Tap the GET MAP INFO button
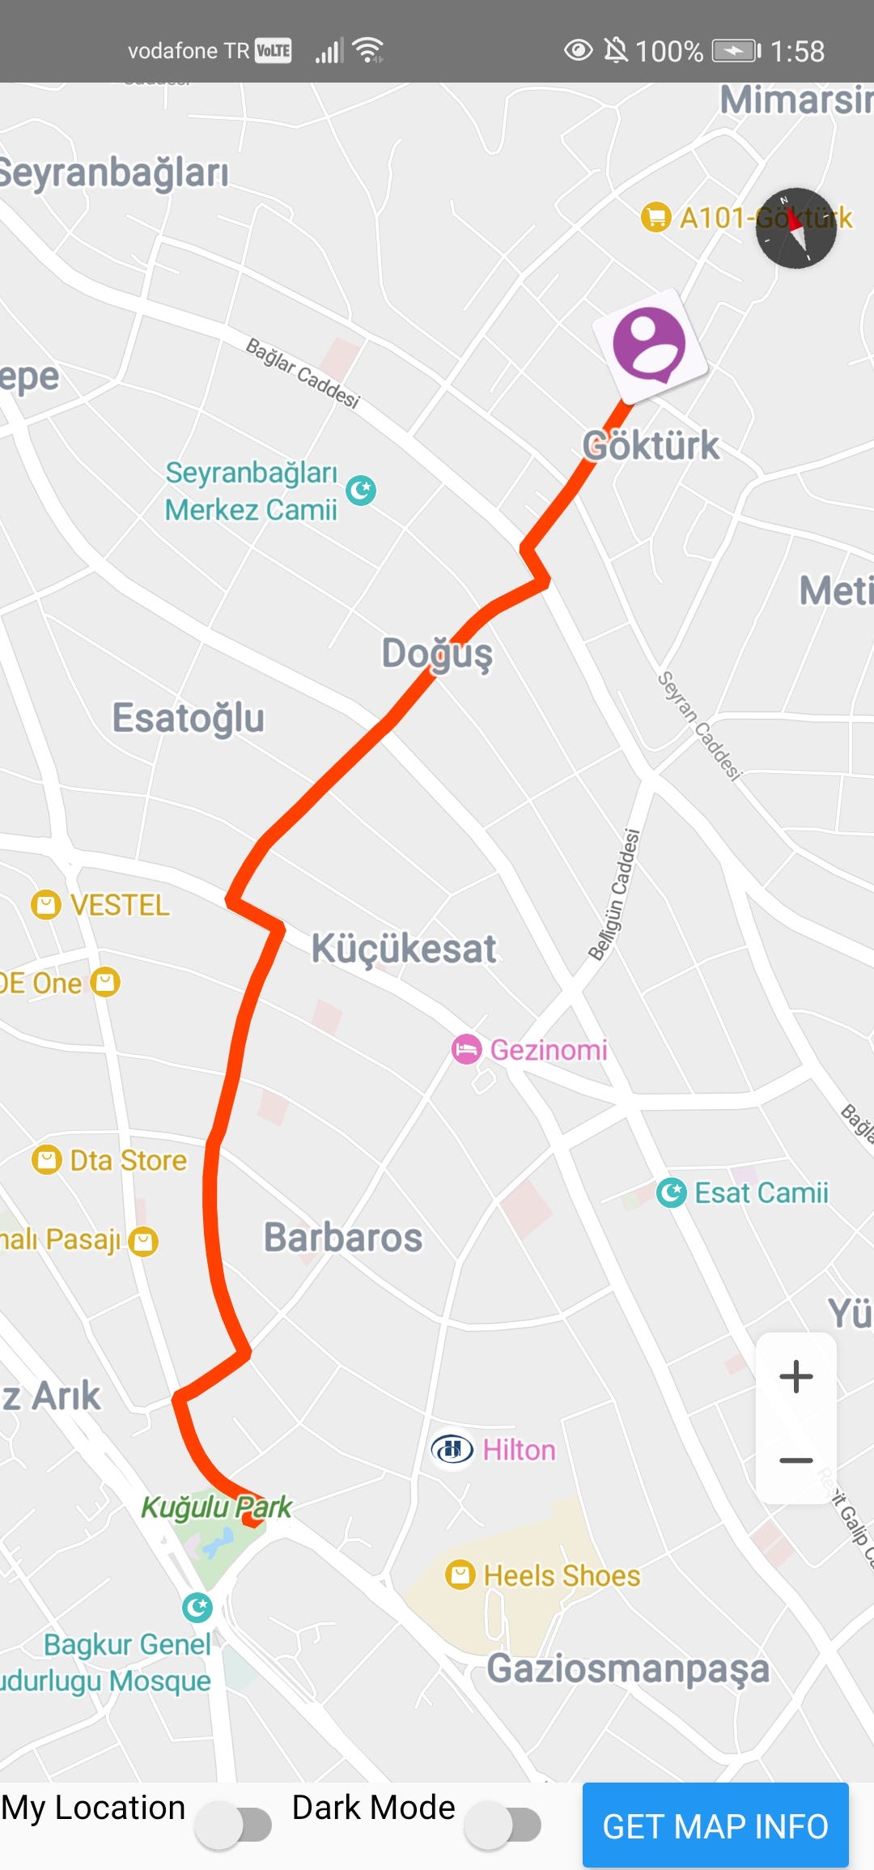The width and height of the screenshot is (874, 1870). click(715, 1825)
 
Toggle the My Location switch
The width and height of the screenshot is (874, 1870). click(235, 1825)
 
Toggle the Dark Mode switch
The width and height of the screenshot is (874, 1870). click(504, 1825)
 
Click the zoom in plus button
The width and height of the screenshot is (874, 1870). click(796, 1376)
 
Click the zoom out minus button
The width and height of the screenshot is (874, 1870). click(796, 1460)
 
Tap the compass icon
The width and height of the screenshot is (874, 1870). click(796, 228)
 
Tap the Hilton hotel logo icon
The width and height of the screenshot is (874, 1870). click(452, 1449)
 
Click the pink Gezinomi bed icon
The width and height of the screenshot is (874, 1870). click(466, 1050)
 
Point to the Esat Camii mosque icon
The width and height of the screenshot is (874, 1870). click(671, 1192)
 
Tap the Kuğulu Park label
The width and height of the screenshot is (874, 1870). click(216, 1507)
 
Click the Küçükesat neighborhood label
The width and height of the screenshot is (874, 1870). click(404, 949)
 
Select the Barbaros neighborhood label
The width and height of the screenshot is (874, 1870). click(343, 1238)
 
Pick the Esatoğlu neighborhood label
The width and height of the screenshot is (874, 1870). click(188, 718)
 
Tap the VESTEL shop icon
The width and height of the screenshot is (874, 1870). click(46, 904)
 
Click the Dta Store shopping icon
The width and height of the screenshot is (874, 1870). click(47, 1159)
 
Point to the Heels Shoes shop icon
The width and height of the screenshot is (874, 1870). click(460, 1575)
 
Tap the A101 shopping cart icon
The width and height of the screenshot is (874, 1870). click(655, 217)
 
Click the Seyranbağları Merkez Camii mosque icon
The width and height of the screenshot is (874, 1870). click(361, 490)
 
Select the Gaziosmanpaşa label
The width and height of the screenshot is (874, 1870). click(627, 1668)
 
